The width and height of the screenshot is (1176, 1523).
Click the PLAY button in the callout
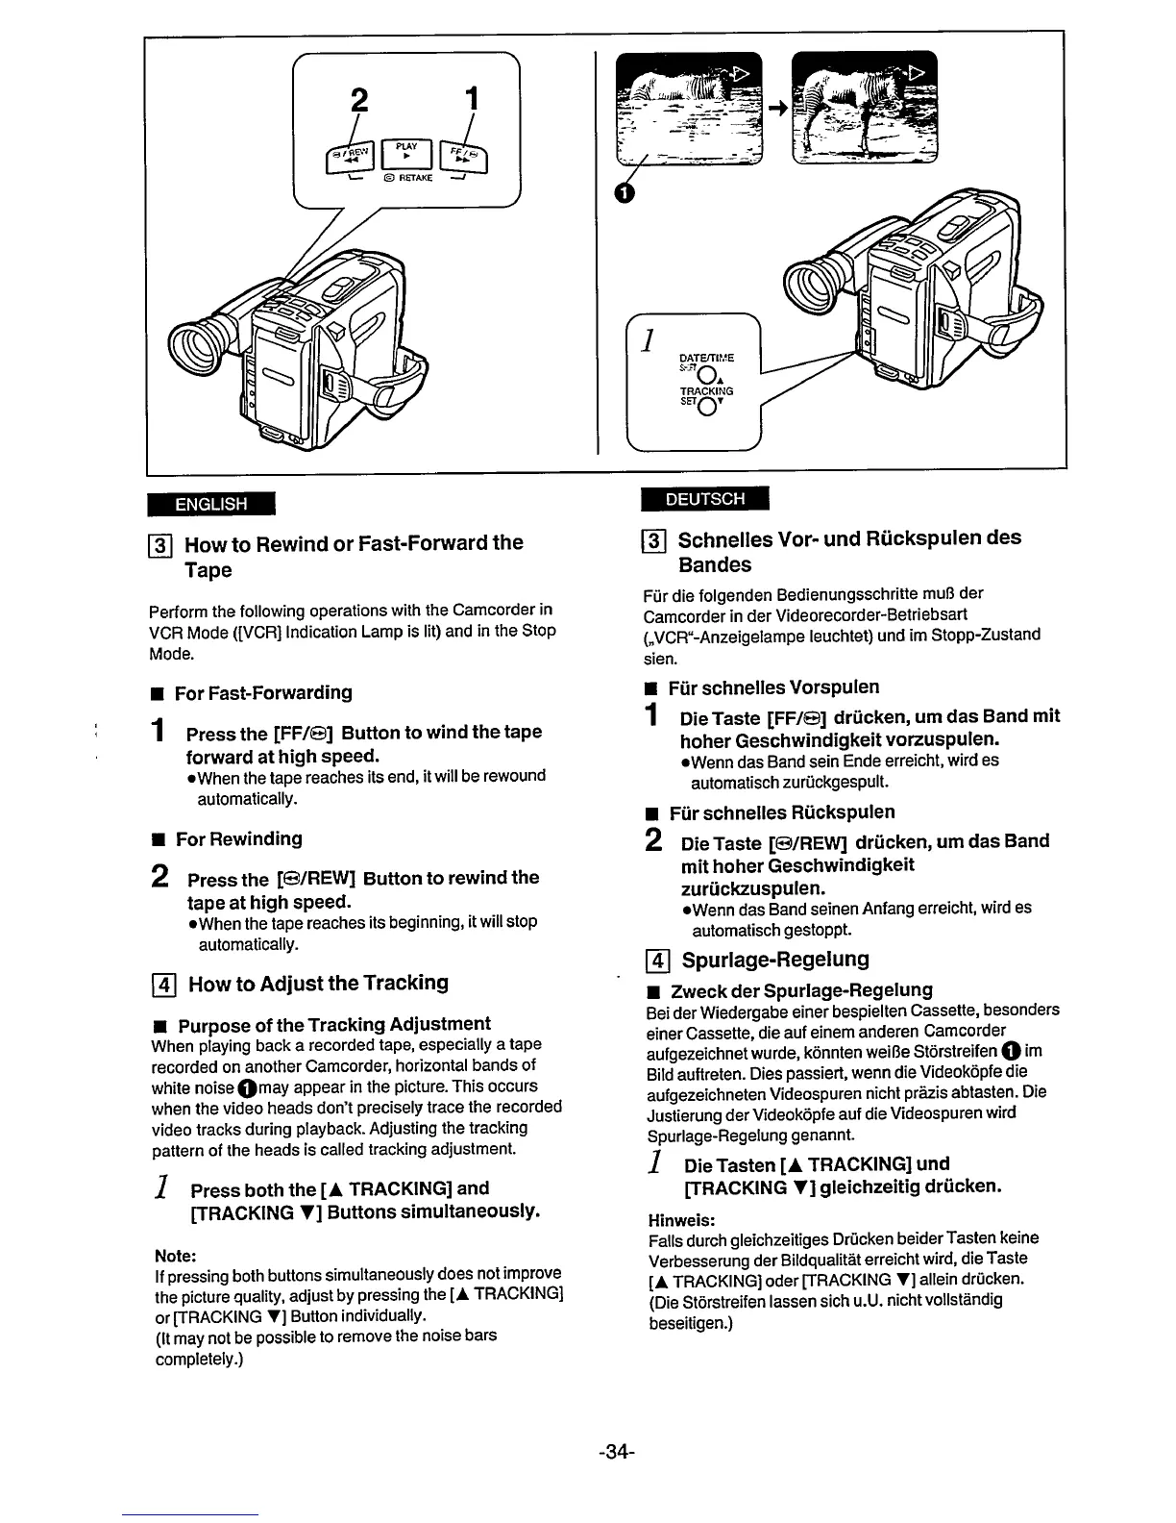click(408, 154)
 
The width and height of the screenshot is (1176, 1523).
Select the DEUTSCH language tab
click(706, 499)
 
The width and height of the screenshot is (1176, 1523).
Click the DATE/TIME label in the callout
click(706, 358)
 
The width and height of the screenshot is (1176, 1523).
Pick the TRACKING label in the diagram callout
click(706, 391)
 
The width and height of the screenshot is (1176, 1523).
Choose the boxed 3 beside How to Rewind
click(162, 544)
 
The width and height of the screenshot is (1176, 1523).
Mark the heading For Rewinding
click(238, 839)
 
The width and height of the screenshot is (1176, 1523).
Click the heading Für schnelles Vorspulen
click(773, 687)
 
